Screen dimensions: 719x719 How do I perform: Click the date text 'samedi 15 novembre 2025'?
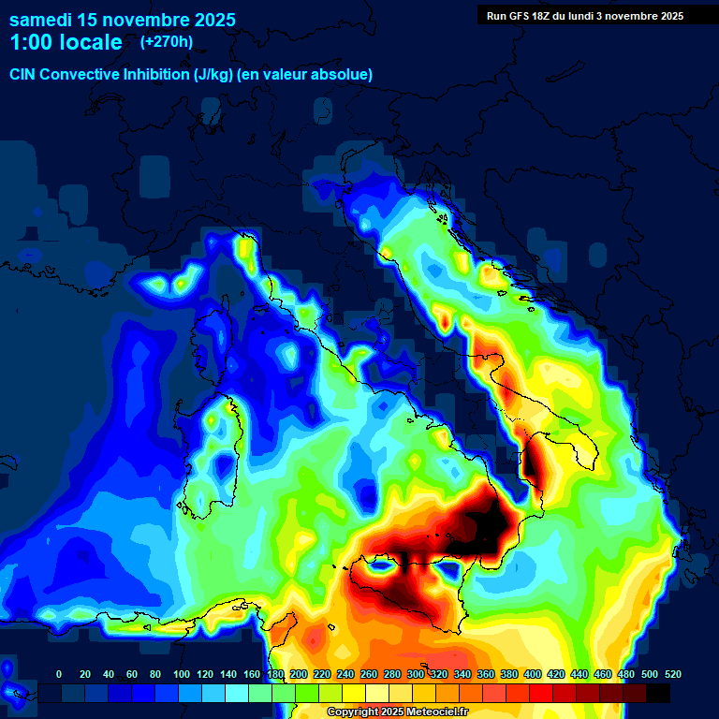[123, 20]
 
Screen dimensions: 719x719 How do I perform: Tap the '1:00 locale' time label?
[66, 42]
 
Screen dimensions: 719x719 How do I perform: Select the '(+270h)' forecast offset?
[167, 42]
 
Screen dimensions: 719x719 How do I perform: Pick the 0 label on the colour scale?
[59, 674]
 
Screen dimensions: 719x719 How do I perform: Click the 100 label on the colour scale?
[181, 674]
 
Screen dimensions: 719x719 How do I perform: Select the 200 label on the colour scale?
[298, 674]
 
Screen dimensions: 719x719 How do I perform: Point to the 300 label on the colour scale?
[415, 674]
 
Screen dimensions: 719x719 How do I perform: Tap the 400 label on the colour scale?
[532, 674]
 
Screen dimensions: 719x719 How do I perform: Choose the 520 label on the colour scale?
[672, 674]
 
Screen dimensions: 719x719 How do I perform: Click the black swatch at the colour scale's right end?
[658, 693]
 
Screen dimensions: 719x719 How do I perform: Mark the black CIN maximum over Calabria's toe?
[487, 524]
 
